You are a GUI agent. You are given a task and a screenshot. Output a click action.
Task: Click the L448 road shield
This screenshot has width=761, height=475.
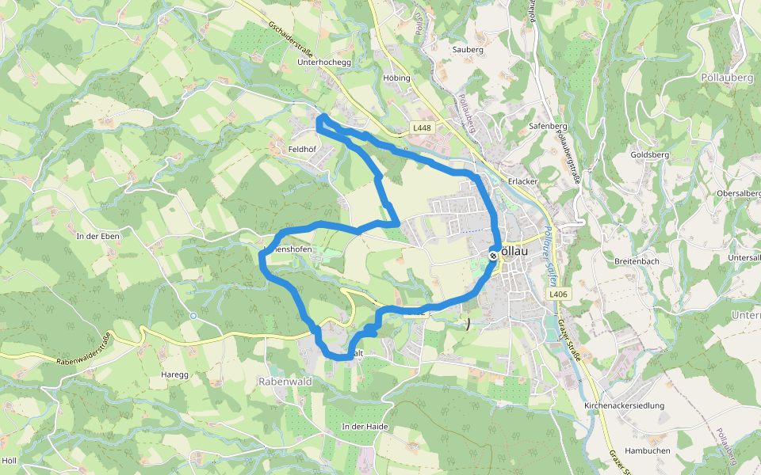[422, 128]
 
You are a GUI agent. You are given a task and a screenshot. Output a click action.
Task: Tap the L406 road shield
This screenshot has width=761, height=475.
[559, 294]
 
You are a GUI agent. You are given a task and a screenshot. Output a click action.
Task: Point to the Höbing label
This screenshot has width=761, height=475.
[396, 78]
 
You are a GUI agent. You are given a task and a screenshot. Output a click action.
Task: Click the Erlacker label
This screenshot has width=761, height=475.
[523, 181]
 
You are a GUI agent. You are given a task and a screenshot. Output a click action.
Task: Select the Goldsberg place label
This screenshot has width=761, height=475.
[649, 155]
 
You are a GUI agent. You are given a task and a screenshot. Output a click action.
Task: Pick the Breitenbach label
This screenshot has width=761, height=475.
[637, 260]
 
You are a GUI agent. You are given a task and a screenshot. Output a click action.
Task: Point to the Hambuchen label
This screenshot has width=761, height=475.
[648, 450]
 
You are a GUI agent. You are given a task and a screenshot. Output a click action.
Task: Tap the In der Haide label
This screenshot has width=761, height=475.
[365, 427]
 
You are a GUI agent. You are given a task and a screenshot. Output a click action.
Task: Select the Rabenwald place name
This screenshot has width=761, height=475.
[285, 382]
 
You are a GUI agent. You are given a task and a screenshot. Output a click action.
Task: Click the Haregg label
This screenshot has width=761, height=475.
[174, 374]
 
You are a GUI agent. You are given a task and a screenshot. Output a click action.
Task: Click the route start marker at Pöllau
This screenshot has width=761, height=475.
[493, 256]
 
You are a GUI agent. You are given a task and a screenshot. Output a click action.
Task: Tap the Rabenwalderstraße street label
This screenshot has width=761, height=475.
[94, 351]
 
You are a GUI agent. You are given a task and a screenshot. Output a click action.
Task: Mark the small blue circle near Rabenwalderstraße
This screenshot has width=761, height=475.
[193, 315]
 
